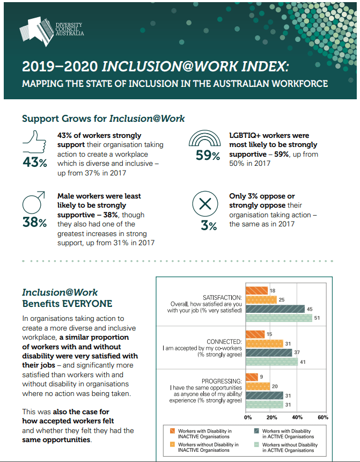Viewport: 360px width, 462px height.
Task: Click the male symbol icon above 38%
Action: coord(33,203)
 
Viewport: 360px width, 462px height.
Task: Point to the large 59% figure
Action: coord(207,156)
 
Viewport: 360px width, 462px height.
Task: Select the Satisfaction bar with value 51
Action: coord(278,318)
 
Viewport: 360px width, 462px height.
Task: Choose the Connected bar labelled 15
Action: coord(254,334)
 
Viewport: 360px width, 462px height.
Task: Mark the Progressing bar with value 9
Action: coord(251,377)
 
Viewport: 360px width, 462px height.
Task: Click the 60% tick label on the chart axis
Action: coord(322,417)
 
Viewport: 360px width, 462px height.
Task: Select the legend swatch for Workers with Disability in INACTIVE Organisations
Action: coord(171,431)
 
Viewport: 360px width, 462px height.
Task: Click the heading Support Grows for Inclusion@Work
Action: coord(103,118)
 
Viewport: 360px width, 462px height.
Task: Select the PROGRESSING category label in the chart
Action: coord(224,380)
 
